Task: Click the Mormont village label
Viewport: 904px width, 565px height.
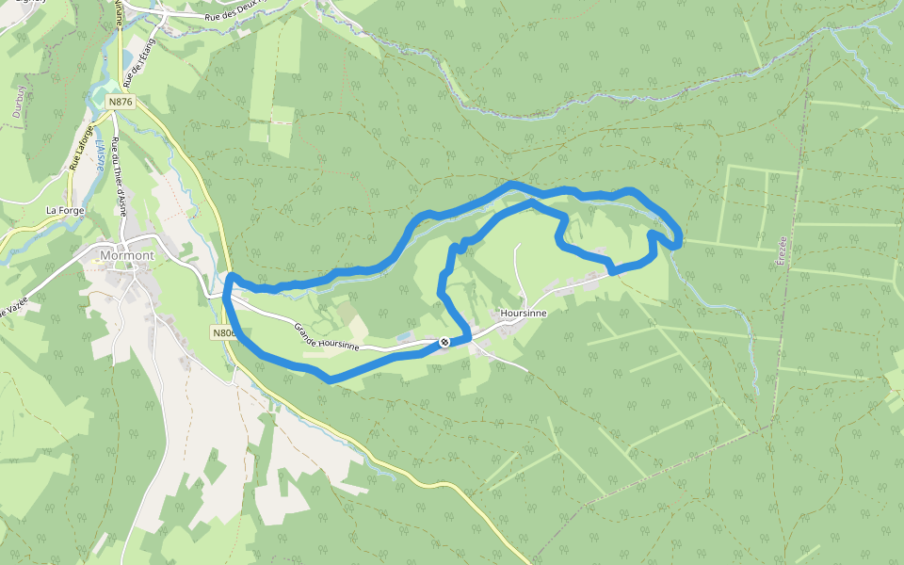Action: [x=126, y=254]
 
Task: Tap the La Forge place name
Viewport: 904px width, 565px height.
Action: [x=65, y=210]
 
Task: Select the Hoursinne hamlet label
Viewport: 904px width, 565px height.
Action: [x=524, y=314]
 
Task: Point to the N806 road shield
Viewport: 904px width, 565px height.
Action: [x=222, y=333]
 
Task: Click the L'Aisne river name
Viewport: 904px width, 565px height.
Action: [x=99, y=155]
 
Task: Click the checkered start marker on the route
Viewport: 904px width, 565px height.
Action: [x=444, y=342]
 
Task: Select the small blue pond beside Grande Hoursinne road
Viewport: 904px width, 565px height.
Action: [x=403, y=336]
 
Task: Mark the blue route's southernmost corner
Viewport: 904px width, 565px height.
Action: [x=329, y=379]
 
